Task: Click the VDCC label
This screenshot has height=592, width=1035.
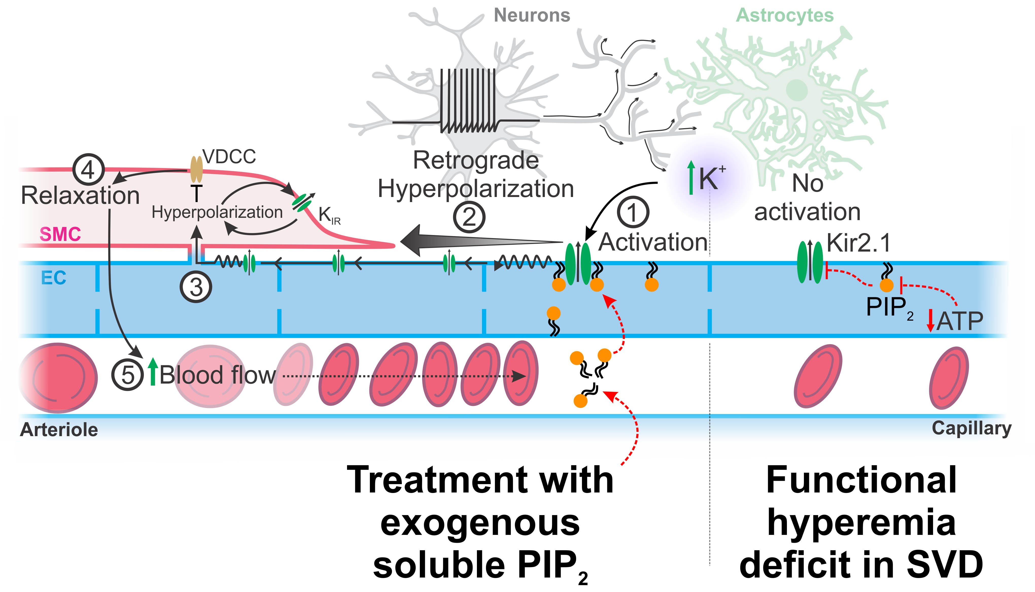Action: coord(230,157)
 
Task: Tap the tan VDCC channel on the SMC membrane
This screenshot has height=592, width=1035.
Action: coord(197,170)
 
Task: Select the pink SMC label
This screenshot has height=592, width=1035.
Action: coord(60,235)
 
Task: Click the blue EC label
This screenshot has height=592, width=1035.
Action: coord(54,278)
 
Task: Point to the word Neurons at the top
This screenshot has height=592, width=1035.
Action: coord(532,15)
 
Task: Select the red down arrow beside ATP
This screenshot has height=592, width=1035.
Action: coord(930,321)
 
